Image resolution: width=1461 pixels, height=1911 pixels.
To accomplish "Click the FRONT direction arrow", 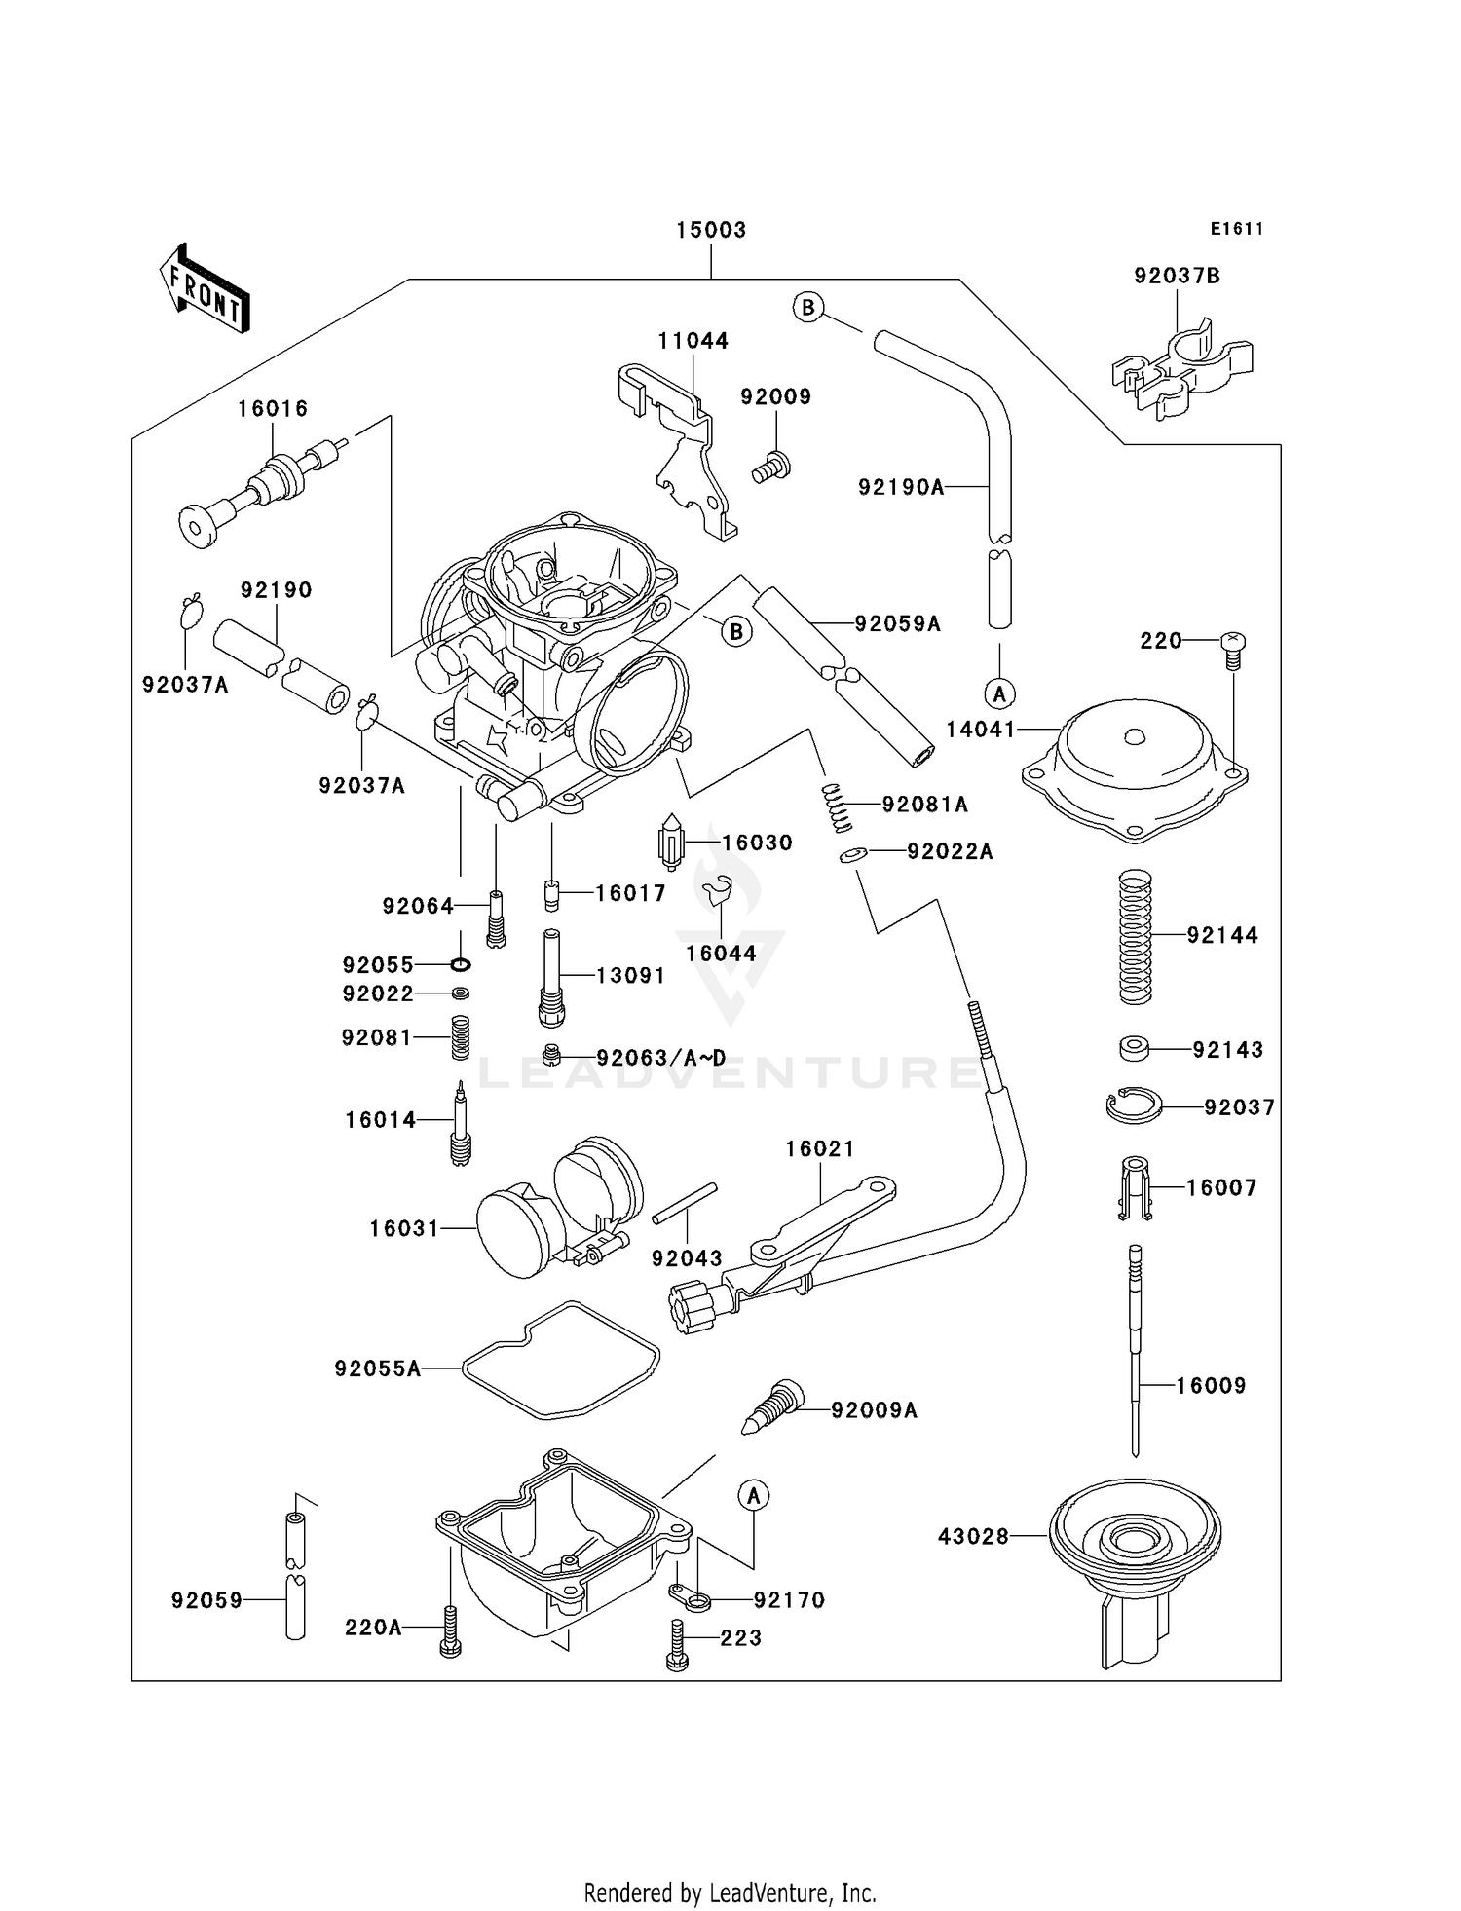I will pos(205,287).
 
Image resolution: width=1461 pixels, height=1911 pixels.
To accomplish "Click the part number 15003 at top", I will pos(711,230).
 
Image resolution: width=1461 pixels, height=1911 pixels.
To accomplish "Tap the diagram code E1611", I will pos(1237,229).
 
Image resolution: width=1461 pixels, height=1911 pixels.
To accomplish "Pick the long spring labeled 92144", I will pos(1135,936).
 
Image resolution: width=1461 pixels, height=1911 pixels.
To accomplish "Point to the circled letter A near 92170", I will pos(753,1495).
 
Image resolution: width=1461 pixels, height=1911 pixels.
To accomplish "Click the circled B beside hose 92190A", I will pos(807,308).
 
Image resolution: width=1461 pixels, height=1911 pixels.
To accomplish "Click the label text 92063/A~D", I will pos(661,1057).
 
